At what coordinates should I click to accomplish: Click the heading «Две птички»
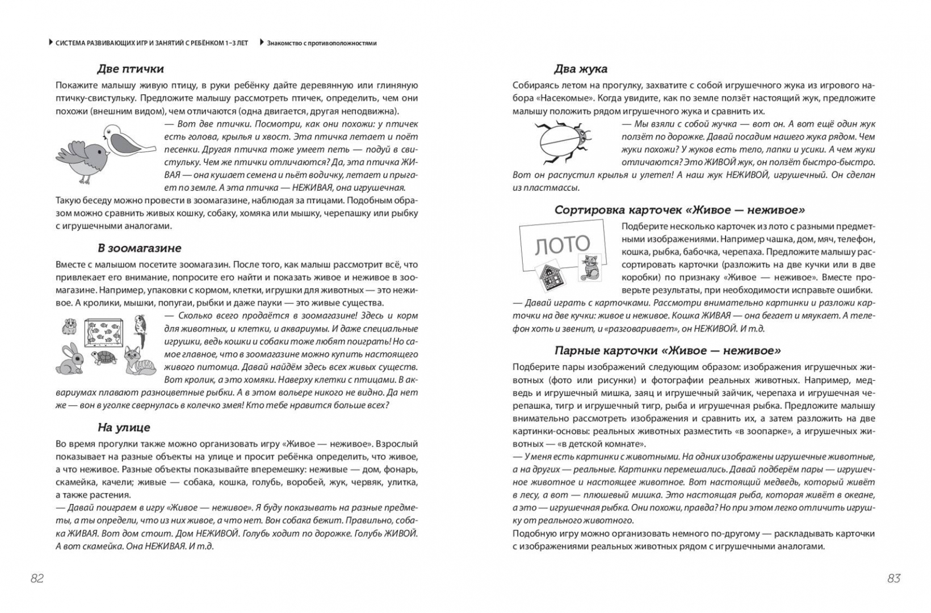(x=131, y=69)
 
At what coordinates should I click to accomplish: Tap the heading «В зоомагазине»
(x=139, y=248)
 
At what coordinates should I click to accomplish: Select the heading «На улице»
(x=124, y=427)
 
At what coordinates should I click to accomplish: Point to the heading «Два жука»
(x=580, y=69)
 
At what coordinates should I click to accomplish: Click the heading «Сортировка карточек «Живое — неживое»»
(x=680, y=210)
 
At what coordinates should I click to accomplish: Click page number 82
(x=37, y=578)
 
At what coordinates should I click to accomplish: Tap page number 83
(x=894, y=578)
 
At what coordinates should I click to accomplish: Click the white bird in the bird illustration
(x=127, y=140)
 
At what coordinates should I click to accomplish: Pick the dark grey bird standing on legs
(x=83, y=159)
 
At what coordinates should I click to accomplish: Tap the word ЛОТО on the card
(x=563, y=245)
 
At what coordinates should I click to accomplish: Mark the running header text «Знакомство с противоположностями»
(x=322, y=43)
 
